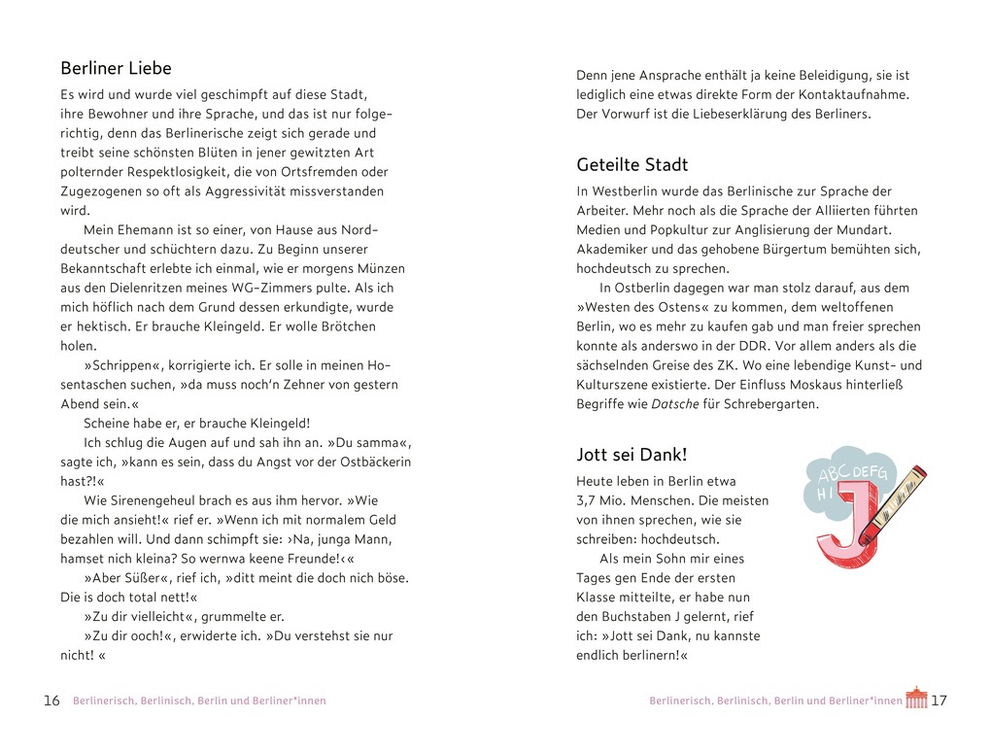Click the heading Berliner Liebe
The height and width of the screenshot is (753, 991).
[116, 68]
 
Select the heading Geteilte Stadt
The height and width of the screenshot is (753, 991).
[632, 164]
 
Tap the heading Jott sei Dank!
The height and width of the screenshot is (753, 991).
[632, 454]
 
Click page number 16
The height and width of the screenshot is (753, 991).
[51, 701]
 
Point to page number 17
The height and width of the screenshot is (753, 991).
[939, 701]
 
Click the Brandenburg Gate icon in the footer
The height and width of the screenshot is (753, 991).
[916, 698]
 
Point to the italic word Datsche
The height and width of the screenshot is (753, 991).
[674, 403]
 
